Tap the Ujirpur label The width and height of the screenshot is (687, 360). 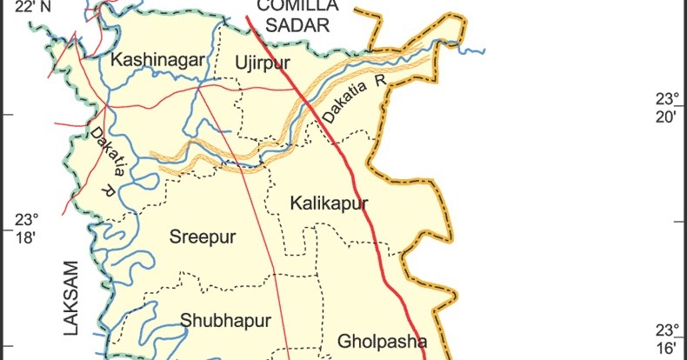pos(262,61)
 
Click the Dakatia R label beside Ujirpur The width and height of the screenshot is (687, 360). pos(352,98)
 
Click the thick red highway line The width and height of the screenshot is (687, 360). pos(365,217)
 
